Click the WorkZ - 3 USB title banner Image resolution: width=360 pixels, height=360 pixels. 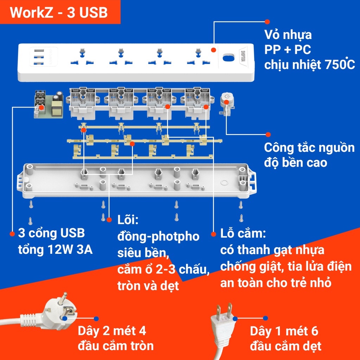pyautogui.click(x=59, y=13)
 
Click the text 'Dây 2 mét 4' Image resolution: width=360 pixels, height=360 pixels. pyautogui.click(x=112, y=331)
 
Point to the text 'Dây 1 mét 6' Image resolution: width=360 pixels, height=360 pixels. pyautogui.click(x=284, y=331)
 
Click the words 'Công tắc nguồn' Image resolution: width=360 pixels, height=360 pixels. pyautogui.click(x=309, y=148)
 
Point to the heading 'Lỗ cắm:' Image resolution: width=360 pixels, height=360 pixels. pyautogui.click(x=243, y=233)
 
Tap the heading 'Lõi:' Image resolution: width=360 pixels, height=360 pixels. pyautogui.click(x=128, y=220)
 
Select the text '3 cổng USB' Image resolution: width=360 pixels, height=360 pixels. pyautogui.click(x=52, y=233)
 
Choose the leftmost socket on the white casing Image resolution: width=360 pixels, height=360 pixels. pyautogui.click(x=82, y=57)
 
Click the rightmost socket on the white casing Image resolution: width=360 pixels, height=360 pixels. pyautogui.click(x=198, y=57)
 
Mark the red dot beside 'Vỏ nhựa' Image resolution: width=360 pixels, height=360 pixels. pyautogui.click(x=267, y=21)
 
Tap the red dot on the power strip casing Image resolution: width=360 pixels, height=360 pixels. pyautogui.click(x=213, y=50)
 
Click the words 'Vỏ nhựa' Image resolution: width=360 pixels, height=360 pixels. pyautogui.click(x=288, y=35)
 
